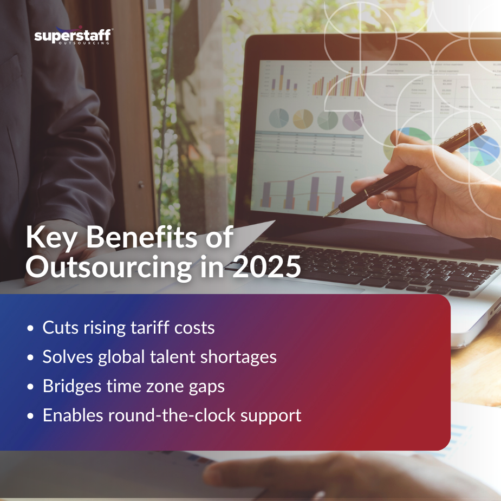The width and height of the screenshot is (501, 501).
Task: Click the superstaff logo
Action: point(73,37)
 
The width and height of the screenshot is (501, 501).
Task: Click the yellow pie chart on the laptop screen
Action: point(303,118)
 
